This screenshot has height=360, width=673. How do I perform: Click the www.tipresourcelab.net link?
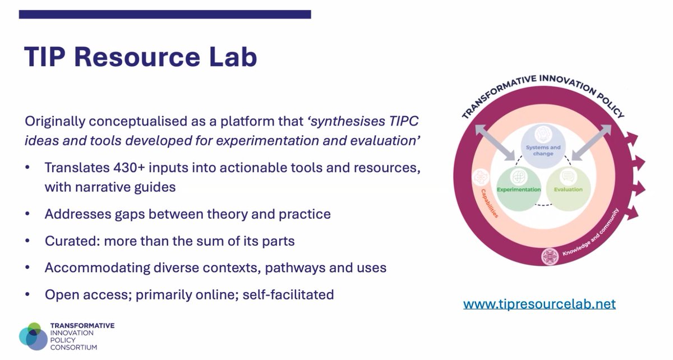[x=539, y=304]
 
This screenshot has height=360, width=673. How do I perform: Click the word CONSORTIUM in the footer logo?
[x=73, y=347]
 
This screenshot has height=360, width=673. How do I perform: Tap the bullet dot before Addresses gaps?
[x=28, y=215]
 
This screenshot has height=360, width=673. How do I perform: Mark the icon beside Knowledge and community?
[x=550, y=257]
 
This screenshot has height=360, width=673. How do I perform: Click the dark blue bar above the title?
[x=165, y=14]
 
